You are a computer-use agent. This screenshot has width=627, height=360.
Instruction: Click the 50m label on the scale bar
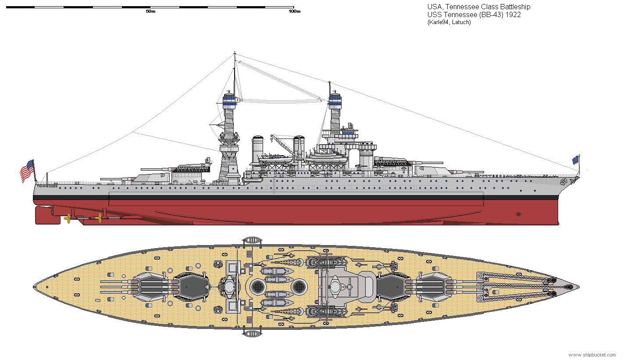(x=150, y=11)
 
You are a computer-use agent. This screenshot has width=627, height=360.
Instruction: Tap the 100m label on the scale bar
(x=295, y=11)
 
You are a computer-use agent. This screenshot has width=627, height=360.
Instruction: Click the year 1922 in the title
(x=513, y=14)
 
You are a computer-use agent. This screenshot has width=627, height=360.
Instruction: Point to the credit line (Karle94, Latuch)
(x=449, y=22)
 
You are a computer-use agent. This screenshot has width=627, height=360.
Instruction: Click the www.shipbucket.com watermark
(x=592, y=355)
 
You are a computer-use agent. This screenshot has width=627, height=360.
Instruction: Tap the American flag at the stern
(x=27, y=171)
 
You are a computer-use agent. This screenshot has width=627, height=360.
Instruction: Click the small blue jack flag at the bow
(x=575, y=160)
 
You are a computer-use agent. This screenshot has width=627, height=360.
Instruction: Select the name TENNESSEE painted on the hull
(x=47, y=186)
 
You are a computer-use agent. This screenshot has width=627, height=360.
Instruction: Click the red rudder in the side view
(x=48, y=215)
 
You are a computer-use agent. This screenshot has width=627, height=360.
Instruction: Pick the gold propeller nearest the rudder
(x=68, y=218)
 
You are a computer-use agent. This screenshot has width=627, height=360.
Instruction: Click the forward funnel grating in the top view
(x=299, y=287)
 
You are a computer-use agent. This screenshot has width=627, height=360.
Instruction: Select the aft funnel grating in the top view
(x=258, y=287)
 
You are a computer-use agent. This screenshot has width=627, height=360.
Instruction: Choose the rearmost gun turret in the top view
(x=149, y=287)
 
